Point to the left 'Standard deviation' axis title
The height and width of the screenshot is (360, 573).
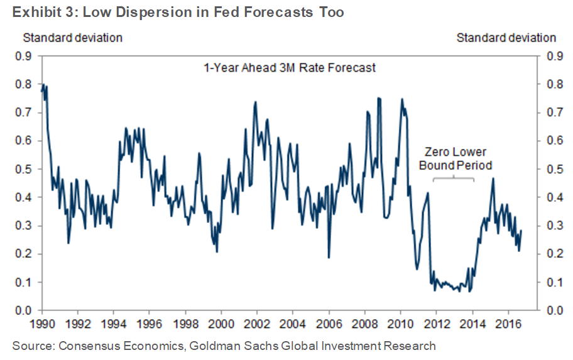click(73, 38)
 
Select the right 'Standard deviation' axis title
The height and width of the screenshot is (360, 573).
click(506, 38)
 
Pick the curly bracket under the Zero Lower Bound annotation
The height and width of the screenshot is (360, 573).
click(454, 180)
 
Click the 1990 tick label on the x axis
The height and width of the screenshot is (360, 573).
click(41, 326)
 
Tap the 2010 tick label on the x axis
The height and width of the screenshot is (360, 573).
click(400, 326)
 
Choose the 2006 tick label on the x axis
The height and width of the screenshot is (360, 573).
click(329, 326)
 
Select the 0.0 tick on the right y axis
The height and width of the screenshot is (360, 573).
click(555, 310)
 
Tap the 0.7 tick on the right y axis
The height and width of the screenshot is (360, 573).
click(555, 113)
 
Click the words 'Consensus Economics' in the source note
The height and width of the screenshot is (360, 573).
click(105, 346)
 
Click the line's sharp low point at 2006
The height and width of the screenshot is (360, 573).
click(329, 258)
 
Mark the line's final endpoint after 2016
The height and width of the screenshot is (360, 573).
click(521, 231)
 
